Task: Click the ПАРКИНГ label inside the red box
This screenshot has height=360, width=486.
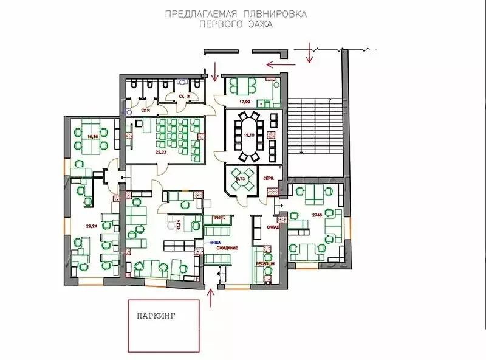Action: tap(157, 316)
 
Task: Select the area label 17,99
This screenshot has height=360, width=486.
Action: tap(245, 102)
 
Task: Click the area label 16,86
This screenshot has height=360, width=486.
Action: tap(93, 137)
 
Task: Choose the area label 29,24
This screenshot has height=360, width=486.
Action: tap(92, 226)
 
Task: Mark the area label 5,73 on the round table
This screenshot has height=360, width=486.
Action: tap(242, 180)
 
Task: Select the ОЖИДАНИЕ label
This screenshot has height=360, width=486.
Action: tap(224, 248)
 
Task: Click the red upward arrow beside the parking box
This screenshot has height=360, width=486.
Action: tap(211, 298)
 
